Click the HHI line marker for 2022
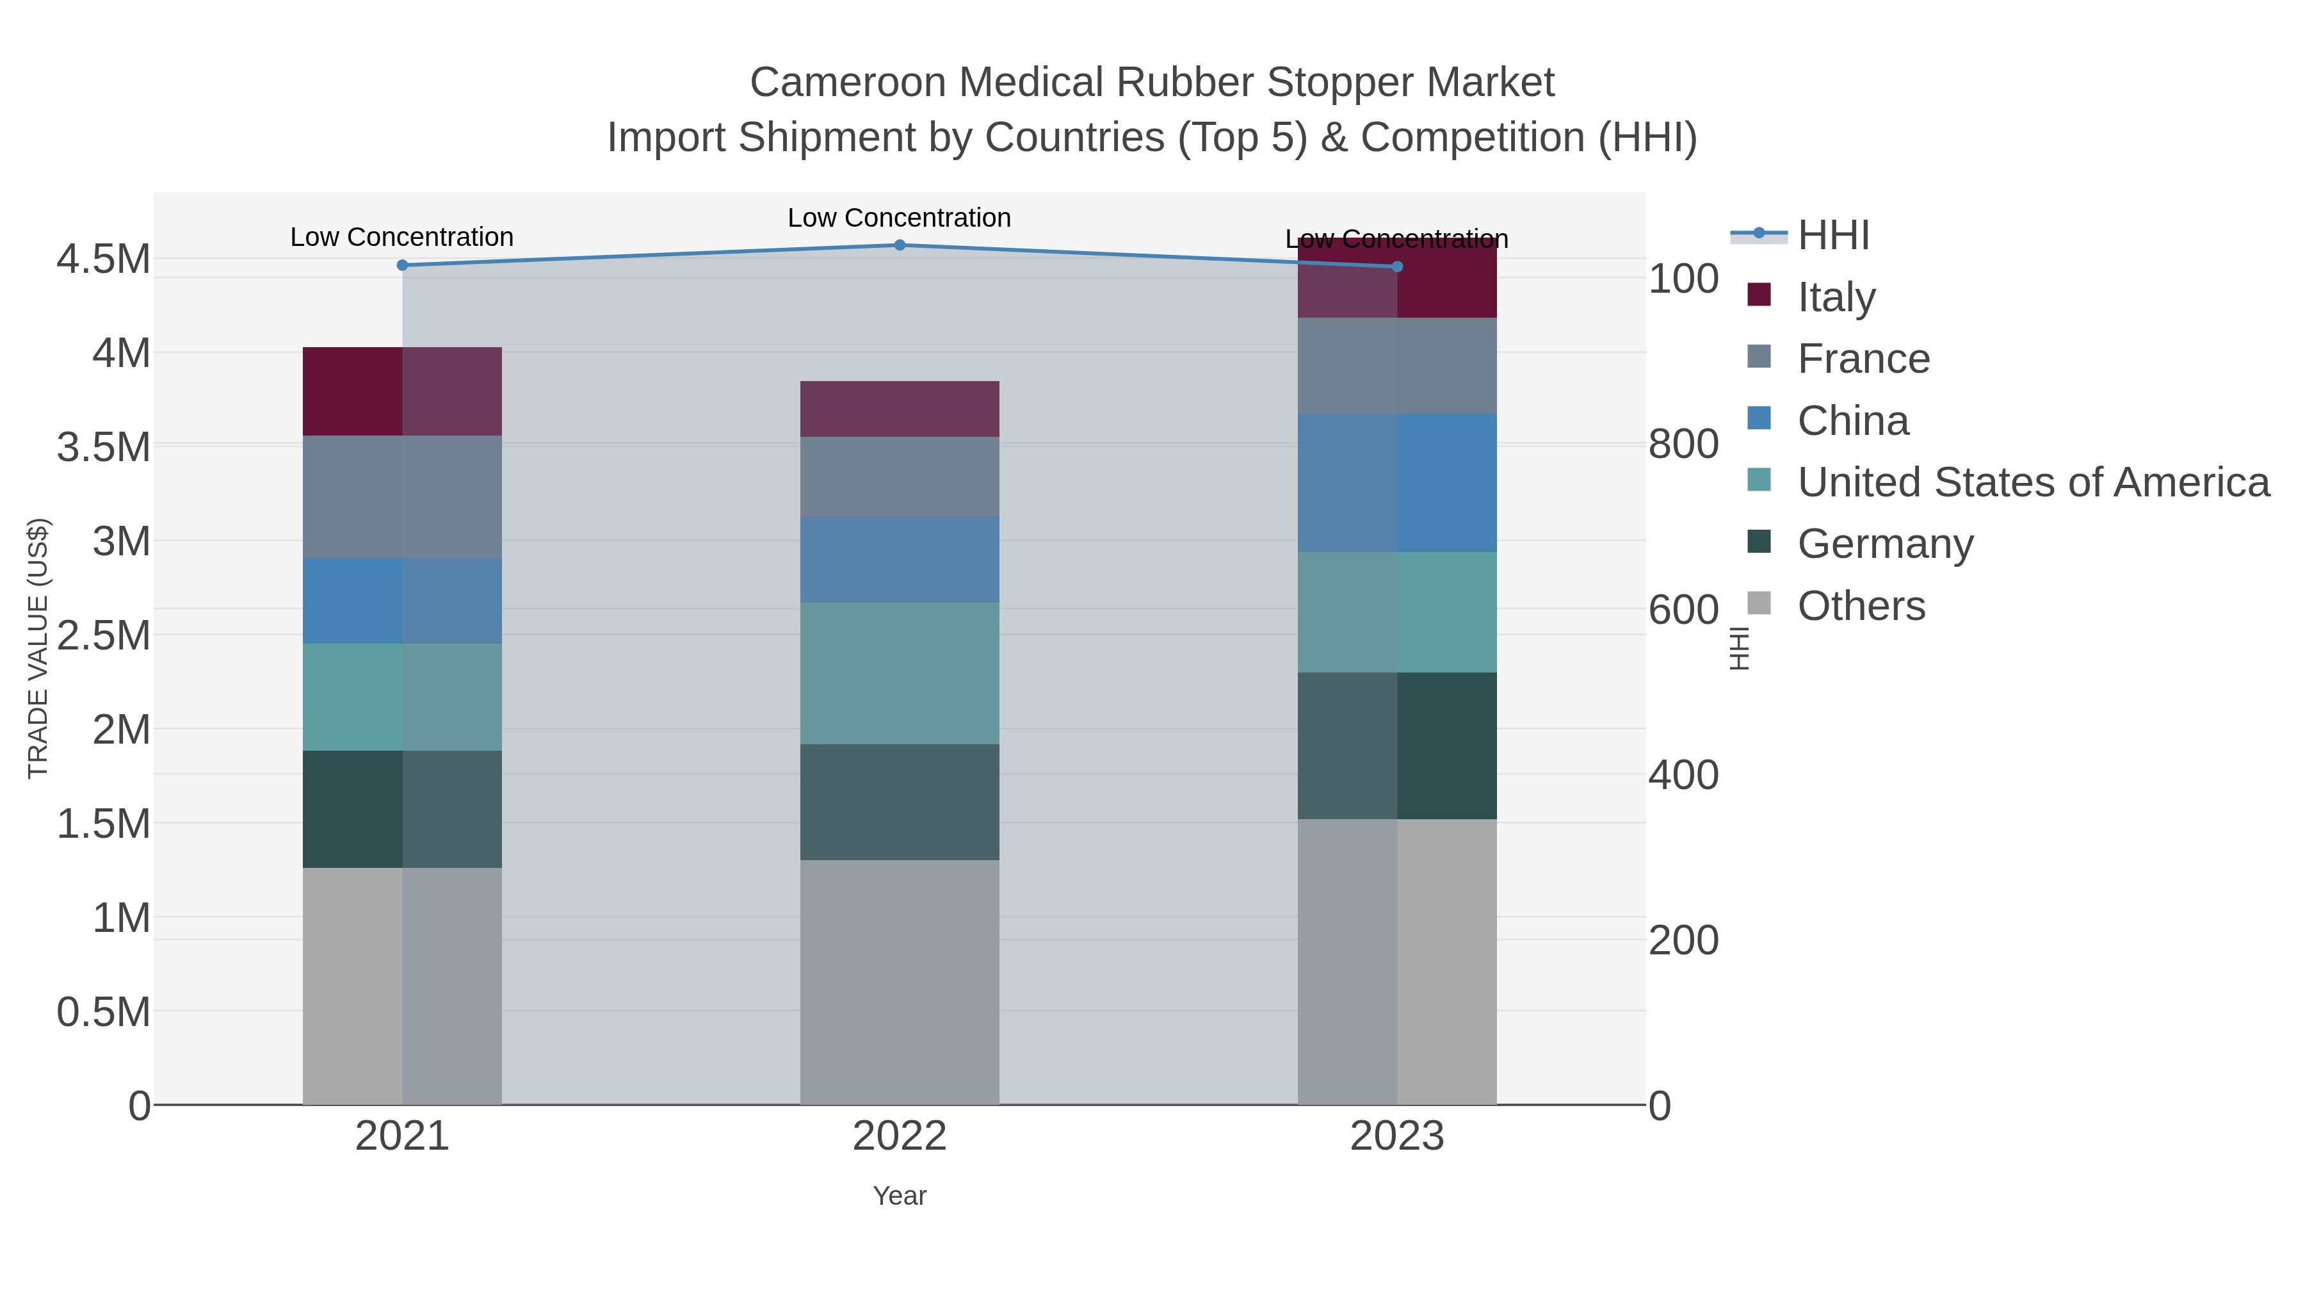900,245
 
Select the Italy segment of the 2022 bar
900,409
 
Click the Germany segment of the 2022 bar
900,802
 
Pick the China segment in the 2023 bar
1397,482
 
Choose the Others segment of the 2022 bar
900,982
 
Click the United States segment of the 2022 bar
900,673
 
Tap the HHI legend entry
1832,236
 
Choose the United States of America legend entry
2032,482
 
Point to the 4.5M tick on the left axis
104,259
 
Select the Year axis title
900,1196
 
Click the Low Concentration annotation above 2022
900,218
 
